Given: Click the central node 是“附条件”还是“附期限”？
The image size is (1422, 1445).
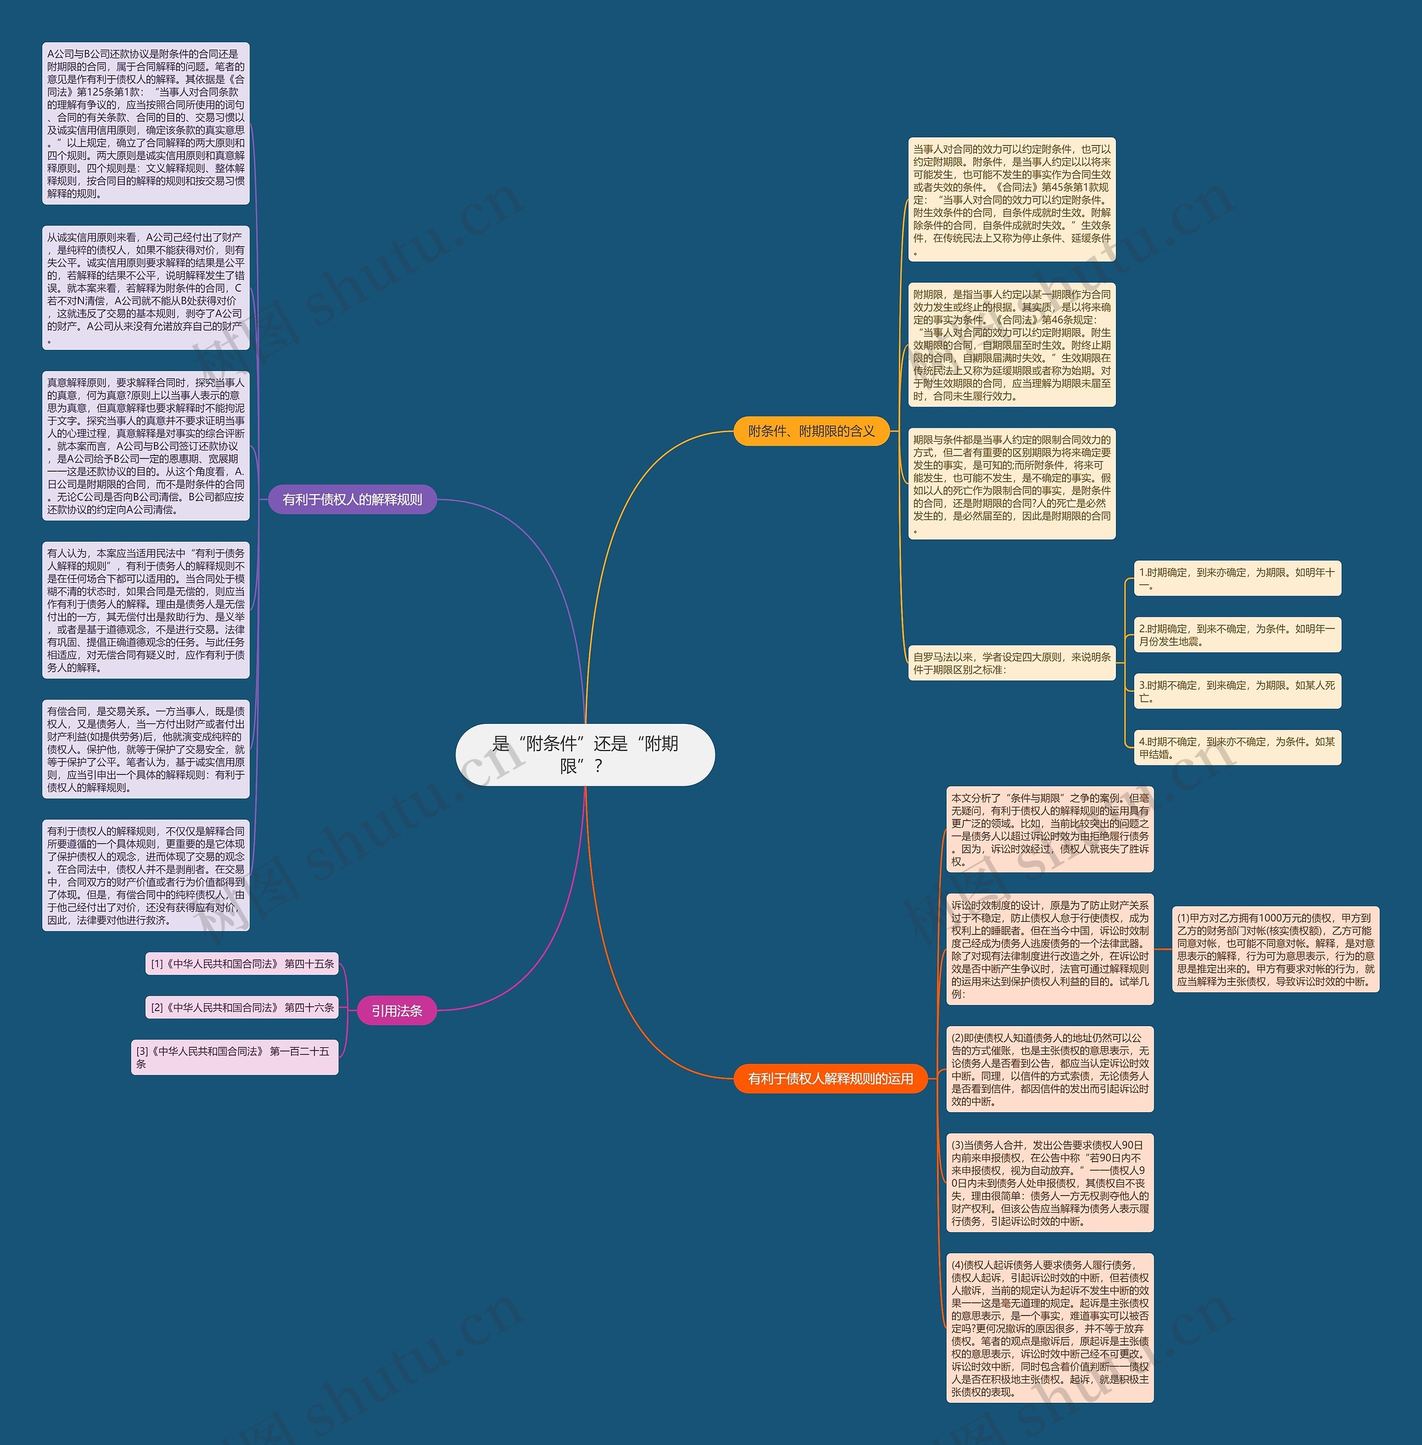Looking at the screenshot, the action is pyautogui.click(x=585, y=754).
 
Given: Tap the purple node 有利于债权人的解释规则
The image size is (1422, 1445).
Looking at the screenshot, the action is pyautogui.click(x=352, y=499).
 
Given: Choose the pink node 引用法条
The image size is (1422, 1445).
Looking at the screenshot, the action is pyautogui.click(x=397, y=1011).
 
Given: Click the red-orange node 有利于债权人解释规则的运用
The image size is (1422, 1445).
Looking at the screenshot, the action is pyautogui.click(x=830, y=1078).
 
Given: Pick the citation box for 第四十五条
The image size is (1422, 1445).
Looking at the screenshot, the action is pyautogui.click(x=242, y=963).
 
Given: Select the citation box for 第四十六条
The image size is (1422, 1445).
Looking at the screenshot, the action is pyautogui.click(x=242, y=1007).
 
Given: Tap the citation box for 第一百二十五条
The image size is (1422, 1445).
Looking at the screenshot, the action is pyautogui.click(x=234, y=1057).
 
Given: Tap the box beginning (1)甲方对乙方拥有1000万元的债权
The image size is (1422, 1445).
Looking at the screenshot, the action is pyautogui.click(x=1275, y=948).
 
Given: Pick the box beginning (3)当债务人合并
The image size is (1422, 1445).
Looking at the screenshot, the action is pyautogui.click(x=1049, y=1182).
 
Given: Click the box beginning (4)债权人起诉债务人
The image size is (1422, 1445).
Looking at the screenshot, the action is pyautogui.click(x=1049, y=1328).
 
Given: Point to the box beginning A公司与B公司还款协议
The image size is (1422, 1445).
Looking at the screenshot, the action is pyautogui.click(x=146, y=123).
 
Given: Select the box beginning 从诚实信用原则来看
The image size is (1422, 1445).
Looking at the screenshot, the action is pyautogui.click(x=146, y=288).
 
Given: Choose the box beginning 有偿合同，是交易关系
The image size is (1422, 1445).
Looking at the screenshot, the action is pyautogui.click(x=146, y=749).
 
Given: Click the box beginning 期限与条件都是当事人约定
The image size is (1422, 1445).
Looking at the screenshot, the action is pyautogui.click(x=1012, y=483).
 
